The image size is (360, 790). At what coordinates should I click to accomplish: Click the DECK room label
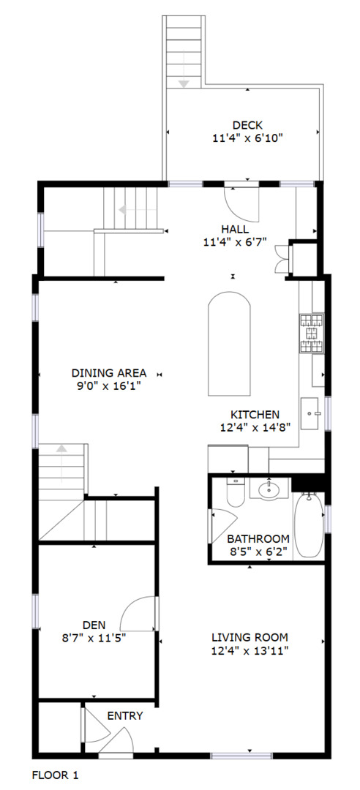247,125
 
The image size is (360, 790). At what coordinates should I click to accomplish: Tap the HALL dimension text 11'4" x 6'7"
234,242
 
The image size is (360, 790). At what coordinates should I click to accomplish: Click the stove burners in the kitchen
312,334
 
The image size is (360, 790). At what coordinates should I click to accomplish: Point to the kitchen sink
312,413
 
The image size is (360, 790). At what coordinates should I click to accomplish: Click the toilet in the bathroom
235,492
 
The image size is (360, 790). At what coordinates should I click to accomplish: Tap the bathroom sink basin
269,488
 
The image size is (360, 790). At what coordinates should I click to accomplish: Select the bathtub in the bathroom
309,525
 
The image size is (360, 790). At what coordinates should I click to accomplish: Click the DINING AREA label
109,373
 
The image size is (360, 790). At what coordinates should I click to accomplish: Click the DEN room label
94,625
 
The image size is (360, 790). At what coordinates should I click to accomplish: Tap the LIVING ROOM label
250,637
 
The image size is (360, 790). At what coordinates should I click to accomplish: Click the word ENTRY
125,716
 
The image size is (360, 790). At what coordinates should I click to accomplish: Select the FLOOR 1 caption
56,775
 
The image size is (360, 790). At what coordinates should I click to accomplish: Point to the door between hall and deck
241,202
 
